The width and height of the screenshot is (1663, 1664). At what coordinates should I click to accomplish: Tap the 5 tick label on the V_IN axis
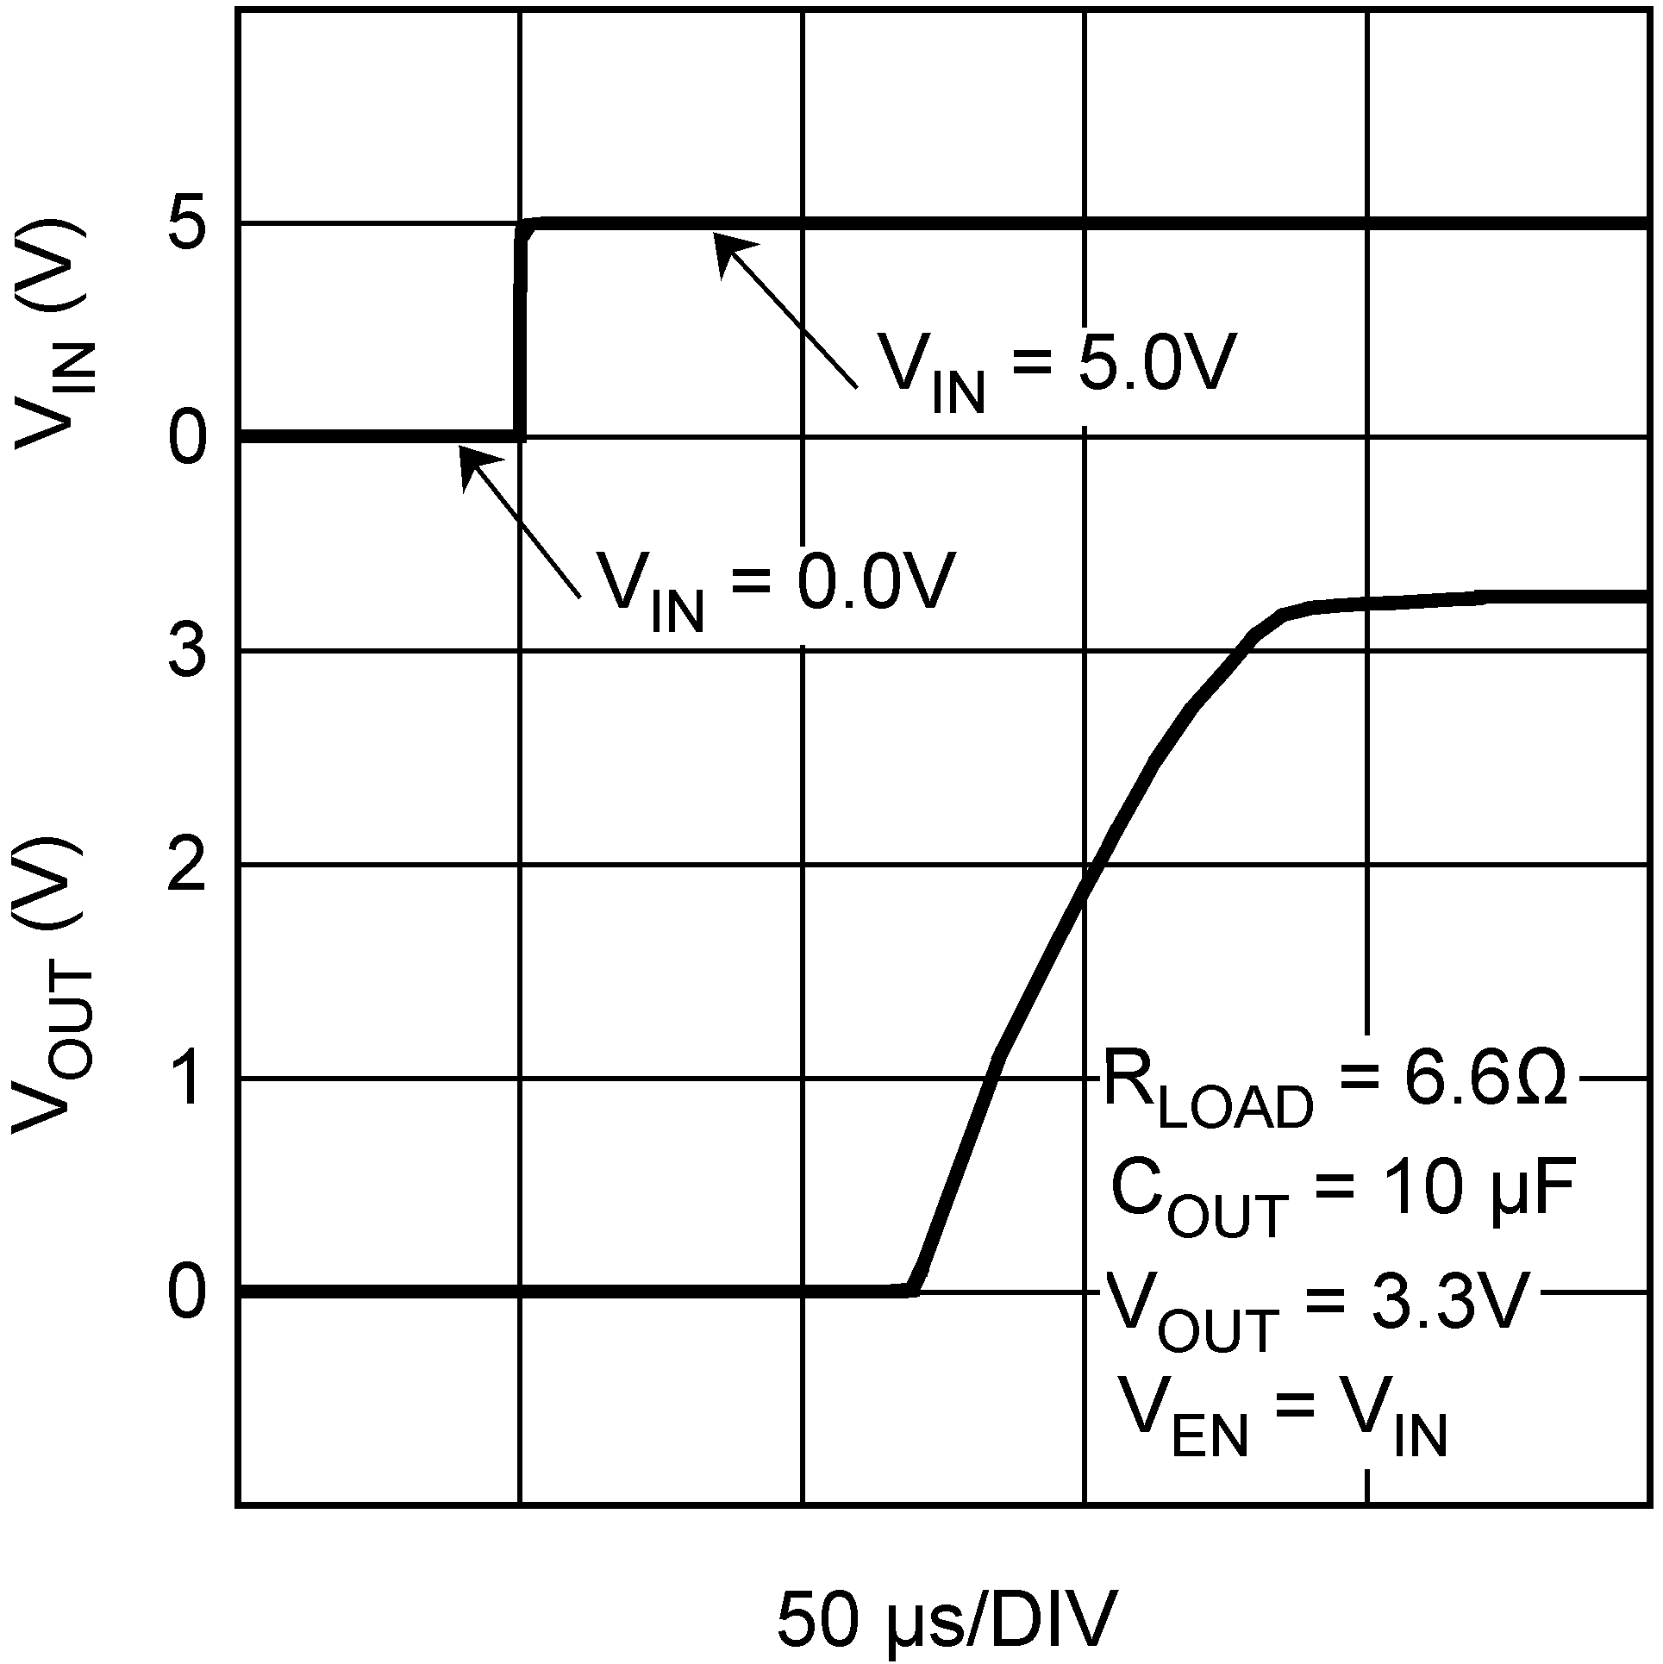click(189, 226)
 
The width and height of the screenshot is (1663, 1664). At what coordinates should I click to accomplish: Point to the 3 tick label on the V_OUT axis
click(189, 653)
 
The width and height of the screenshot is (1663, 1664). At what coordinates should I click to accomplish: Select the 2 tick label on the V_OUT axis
click(189, 866)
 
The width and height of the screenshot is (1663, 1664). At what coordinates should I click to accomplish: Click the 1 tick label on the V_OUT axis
click(189, 1080)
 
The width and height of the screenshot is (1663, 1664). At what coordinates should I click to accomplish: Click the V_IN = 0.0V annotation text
click(776, 585)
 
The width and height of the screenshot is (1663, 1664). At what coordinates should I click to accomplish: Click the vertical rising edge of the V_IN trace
click(519, 336)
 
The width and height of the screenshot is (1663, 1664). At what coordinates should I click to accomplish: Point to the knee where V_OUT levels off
click(1285, 614)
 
